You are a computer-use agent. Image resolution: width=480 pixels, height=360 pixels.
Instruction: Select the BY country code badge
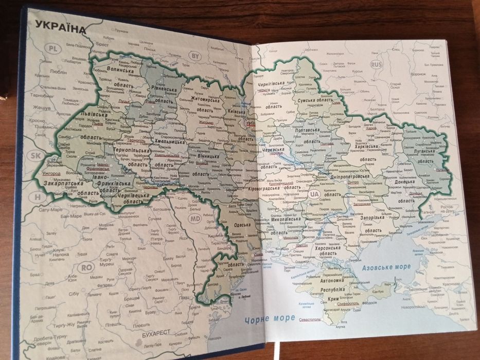[x=195, y=56]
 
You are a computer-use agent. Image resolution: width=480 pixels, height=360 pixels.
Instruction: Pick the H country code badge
[x=37, y=196]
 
